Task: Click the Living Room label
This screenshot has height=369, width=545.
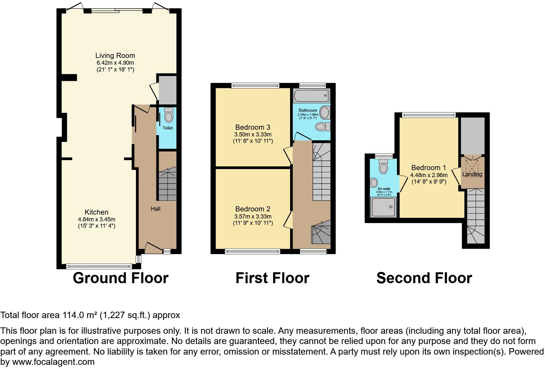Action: tap(115, 56)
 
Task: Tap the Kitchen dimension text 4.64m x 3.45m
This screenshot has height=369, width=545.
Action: tap(97, 219)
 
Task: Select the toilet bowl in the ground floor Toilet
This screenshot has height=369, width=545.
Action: tap(168, 116)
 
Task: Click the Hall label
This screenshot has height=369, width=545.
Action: tap(155, 209)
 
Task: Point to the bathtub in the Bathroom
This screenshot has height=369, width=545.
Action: tap(311, 95)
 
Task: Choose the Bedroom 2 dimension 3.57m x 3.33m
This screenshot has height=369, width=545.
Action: tap(253, 217)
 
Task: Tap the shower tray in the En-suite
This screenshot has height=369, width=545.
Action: tap(383, 207)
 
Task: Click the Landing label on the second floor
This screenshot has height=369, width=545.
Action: tap(472, 175)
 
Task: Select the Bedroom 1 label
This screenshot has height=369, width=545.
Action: tap(429, 168)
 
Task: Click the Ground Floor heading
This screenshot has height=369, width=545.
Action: tap(121, 278)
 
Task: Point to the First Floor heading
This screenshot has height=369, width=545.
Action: tap(272, 278)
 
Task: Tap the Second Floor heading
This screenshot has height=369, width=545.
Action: tap(424, 278)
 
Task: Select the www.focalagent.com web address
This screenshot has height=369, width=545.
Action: tap(53, 362)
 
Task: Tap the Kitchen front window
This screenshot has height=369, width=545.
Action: tap(99, 266)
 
